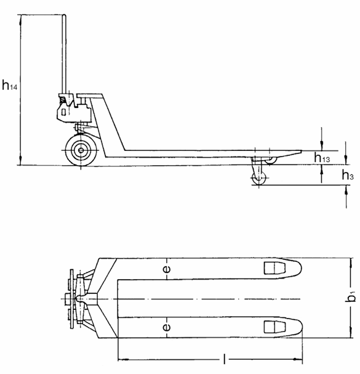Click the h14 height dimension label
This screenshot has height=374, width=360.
point(9,86)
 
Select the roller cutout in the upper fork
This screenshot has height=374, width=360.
point(271,268)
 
